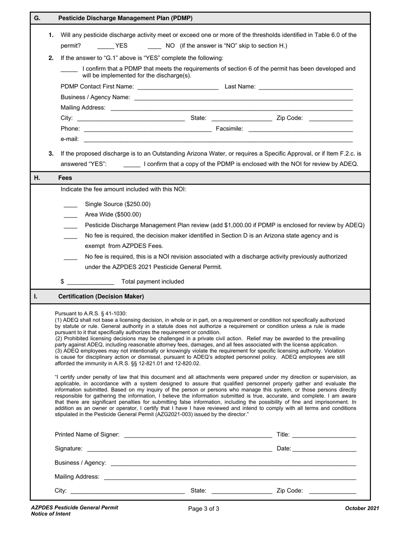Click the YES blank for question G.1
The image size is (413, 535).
pyautogui.click(x=105, y=46)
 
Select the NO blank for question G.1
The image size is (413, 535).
pyautogui.click(x=154, y=46)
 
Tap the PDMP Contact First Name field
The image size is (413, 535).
pyautogui.click(x=177, y=87)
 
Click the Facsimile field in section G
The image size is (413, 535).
pyautogui.click(x=300, y=129)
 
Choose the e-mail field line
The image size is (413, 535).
pyautogui.click(x=217, y=140)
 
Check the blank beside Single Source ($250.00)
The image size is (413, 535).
pyautogui.click(x=70, y=204)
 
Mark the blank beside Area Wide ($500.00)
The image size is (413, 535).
pyautogui.click(x=70, y=215)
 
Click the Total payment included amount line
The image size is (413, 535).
pyautogui.click(x=90, y=282)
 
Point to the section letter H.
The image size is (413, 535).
pyautogui.click(x=37, y=178)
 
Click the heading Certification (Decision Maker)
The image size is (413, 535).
pyautogui.click(x=101, y=297)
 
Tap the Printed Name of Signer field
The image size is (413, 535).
pyautogui.click(x=198, y=435)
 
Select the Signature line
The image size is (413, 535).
pyautogui.click(x=179, y=449)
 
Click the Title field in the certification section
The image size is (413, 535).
pyautogui.click(x=324, y=435)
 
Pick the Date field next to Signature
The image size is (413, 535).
pyautogui.click(x=324, y=449)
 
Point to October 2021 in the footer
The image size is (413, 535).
pyautogui.click(x=362, y=508)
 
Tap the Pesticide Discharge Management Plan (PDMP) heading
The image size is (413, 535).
pyautogui.click(x=125, y=18)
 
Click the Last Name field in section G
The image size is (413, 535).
pyautogui.click(x=305, y=87)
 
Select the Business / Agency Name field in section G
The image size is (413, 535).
pyautogui.click(x=243, y=97)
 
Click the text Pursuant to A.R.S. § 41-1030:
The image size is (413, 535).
pyautogui.click(x=91, y=314)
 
